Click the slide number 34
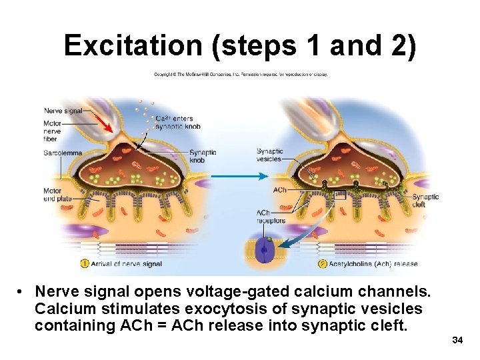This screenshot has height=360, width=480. [457, 341]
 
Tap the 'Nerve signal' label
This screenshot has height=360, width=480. [63, 111]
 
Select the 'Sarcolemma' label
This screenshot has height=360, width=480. [62, 153]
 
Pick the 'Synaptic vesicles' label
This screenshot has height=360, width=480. [270, 155]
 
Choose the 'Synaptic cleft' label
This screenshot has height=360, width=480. [425, 201]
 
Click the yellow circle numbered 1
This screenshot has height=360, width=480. [85, 263]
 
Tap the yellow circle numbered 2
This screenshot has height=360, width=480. [323, 263]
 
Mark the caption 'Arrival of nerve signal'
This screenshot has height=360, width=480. [126, 264]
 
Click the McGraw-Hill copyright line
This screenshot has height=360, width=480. [241, 74]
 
